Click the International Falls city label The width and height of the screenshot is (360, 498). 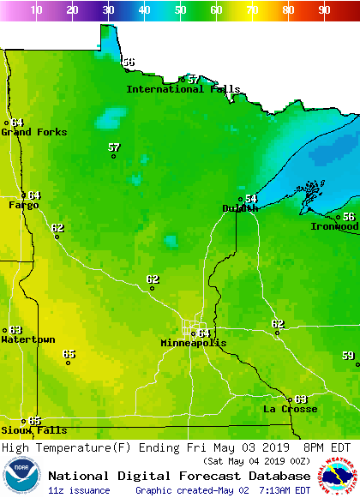[183, 89]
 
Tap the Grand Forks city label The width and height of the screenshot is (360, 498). [28, 132]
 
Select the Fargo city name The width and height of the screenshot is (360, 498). [24, 206]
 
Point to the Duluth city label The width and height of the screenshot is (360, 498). [240, 208]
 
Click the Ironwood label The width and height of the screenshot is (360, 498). [334, 227]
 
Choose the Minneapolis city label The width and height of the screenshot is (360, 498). [194, 343]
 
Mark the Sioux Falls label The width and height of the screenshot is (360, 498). [33, 430]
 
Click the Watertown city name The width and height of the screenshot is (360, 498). [28, 340]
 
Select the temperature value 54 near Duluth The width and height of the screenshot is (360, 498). [251, 198]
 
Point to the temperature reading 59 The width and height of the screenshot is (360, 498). [347, 356]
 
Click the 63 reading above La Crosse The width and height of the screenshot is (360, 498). [300, 399]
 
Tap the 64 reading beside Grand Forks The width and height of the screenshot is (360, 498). [17, 123]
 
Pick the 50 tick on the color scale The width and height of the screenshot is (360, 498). [180, 10]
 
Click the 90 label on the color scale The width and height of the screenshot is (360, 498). [324, 10]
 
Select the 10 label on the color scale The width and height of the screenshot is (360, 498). [36, 10]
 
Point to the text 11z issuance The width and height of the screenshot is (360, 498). [79, 490]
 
